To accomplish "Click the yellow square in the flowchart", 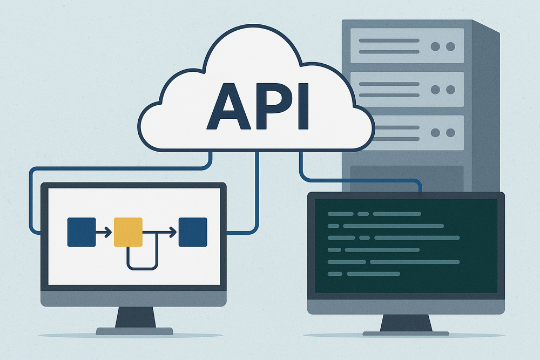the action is click(x=128, y=232).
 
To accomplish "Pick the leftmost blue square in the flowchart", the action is click(x=81, y=232).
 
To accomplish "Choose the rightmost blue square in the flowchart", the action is click(x=193, y=232).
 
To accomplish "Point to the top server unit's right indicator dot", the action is click(x=450, y=46).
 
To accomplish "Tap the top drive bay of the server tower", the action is click(x=407, y=46).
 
